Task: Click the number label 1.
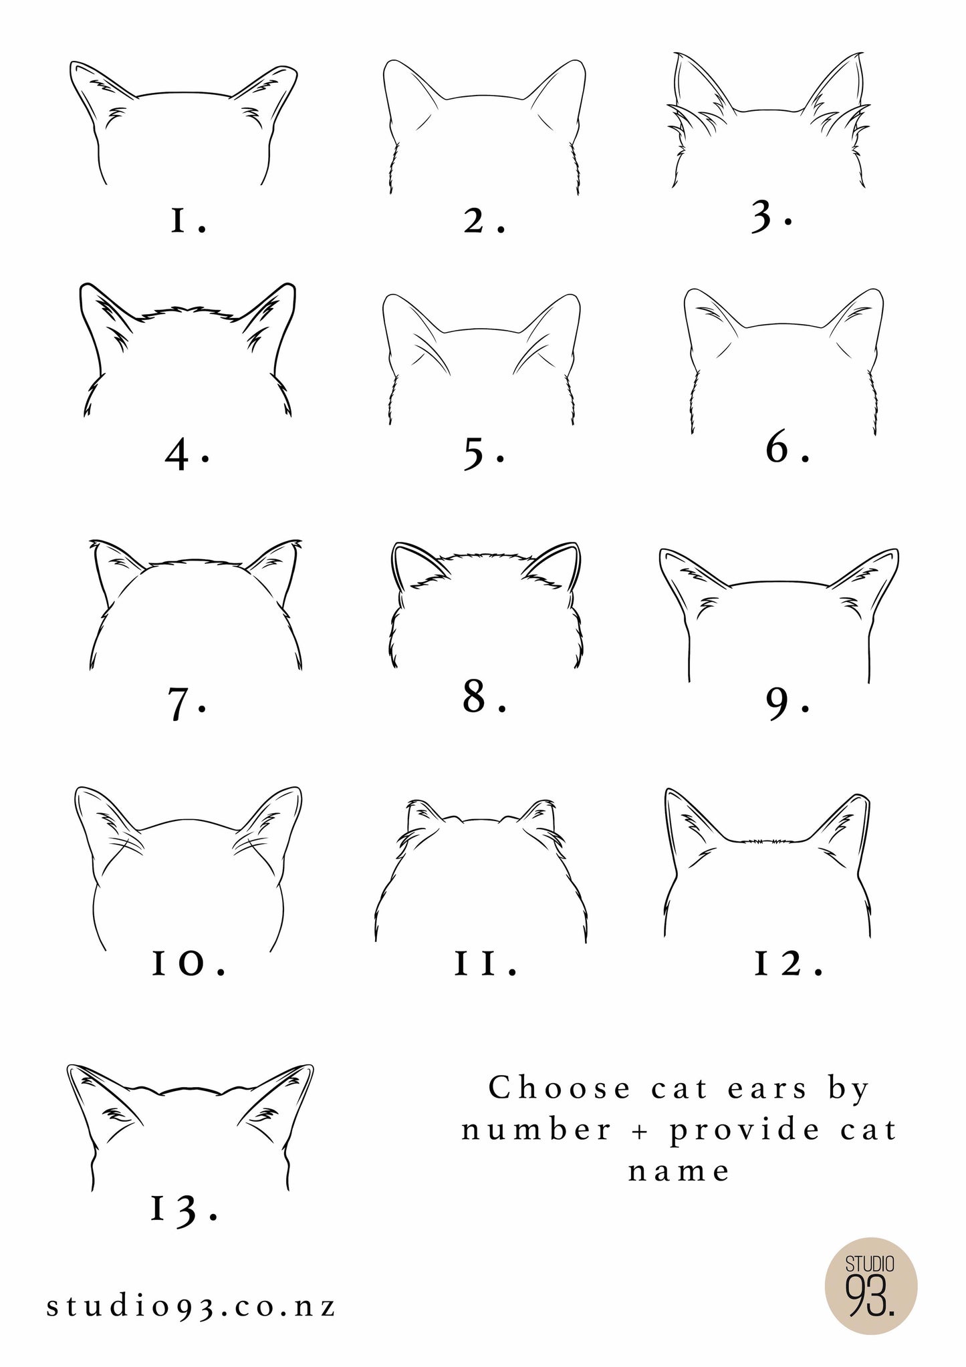[188, 221]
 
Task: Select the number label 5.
[483, 454]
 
